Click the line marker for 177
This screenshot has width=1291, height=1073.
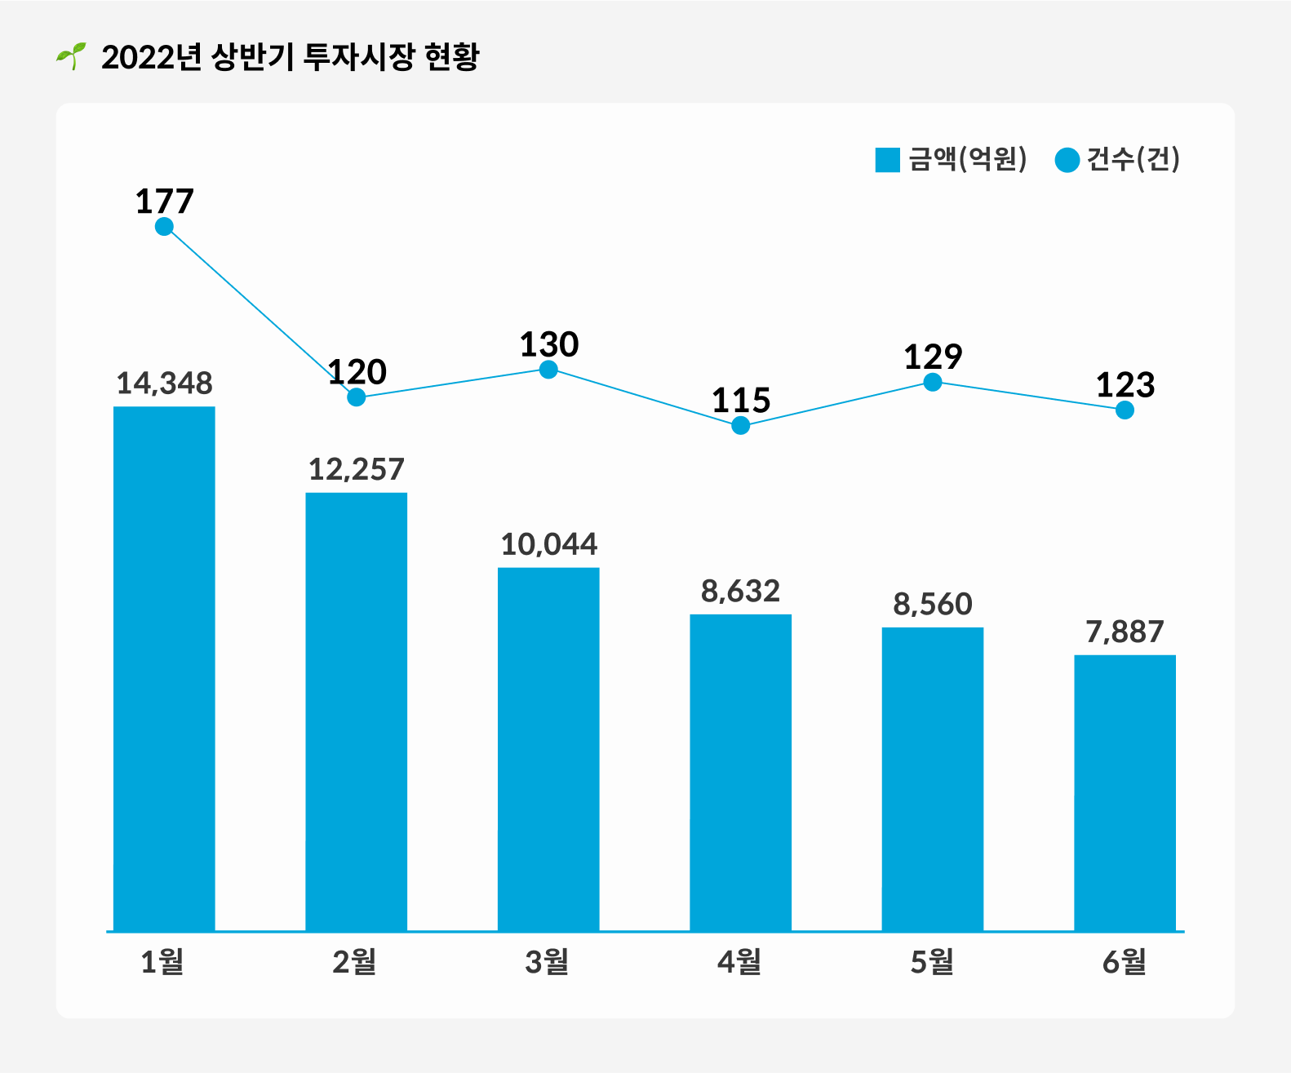coord(164,226)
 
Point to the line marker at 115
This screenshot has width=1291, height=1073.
coord(740,425)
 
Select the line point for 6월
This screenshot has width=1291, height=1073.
coord(1125,410)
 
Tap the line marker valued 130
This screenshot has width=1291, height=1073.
coord(548,370)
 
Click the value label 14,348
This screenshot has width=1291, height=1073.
coord(164,384)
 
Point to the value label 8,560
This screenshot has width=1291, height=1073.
coord(933,605)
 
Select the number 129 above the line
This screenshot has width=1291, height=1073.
coord(933,357)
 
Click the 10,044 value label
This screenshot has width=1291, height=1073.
coord(548,544)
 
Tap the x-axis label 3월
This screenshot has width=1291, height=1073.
coord(547,963)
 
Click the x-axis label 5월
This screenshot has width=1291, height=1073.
coord(932,963)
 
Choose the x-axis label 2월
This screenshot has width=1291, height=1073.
coord(354,963)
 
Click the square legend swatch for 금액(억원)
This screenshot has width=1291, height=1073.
coord(887,160)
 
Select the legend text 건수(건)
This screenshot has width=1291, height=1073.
coord(1134,159)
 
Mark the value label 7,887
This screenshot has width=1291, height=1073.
coord(1125,632)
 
